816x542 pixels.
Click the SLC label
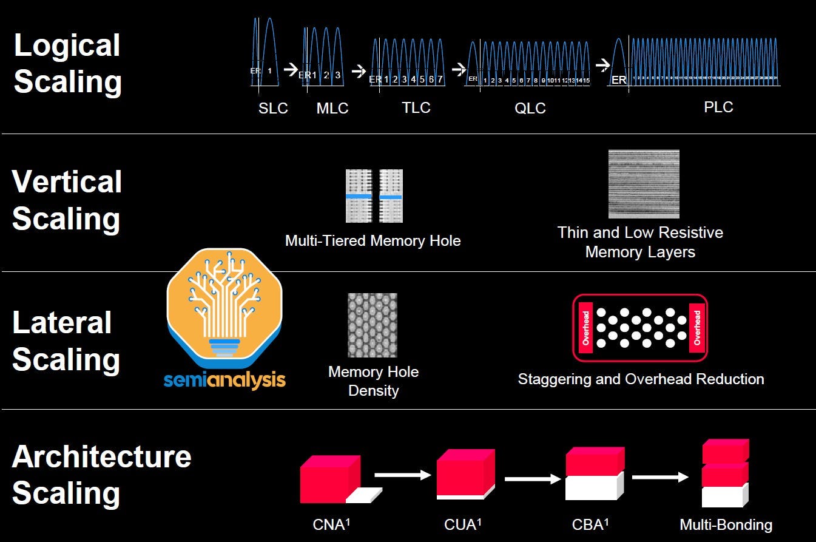(x=273, y=109)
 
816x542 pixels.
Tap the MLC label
(x=332, y=109)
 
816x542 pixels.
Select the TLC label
(x=416, y=108)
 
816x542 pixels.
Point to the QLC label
(x=530, y=109)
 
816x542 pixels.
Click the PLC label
(x=718, y=107)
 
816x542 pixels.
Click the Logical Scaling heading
(x=67, y=64)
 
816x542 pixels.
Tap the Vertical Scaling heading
(x=67, y=200)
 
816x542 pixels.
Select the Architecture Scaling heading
(x=101, y=474)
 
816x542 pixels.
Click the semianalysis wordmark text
(x=224, y=381)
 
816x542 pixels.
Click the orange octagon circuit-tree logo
(x=224, y=307)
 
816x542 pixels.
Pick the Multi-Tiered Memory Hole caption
(x=373, y=241)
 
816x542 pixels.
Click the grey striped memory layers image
(x=644, y=184)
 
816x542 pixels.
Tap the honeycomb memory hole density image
(x=373, y=325)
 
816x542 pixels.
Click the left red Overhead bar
(x=585, y=328)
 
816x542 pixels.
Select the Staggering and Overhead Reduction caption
(x=641, y=379)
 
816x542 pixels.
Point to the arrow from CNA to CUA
(x=402, y=475)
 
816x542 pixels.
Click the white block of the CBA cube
(x=592, y=487)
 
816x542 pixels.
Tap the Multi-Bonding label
(x=726, y=524)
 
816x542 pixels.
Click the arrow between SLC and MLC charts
(x=291, y=67)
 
